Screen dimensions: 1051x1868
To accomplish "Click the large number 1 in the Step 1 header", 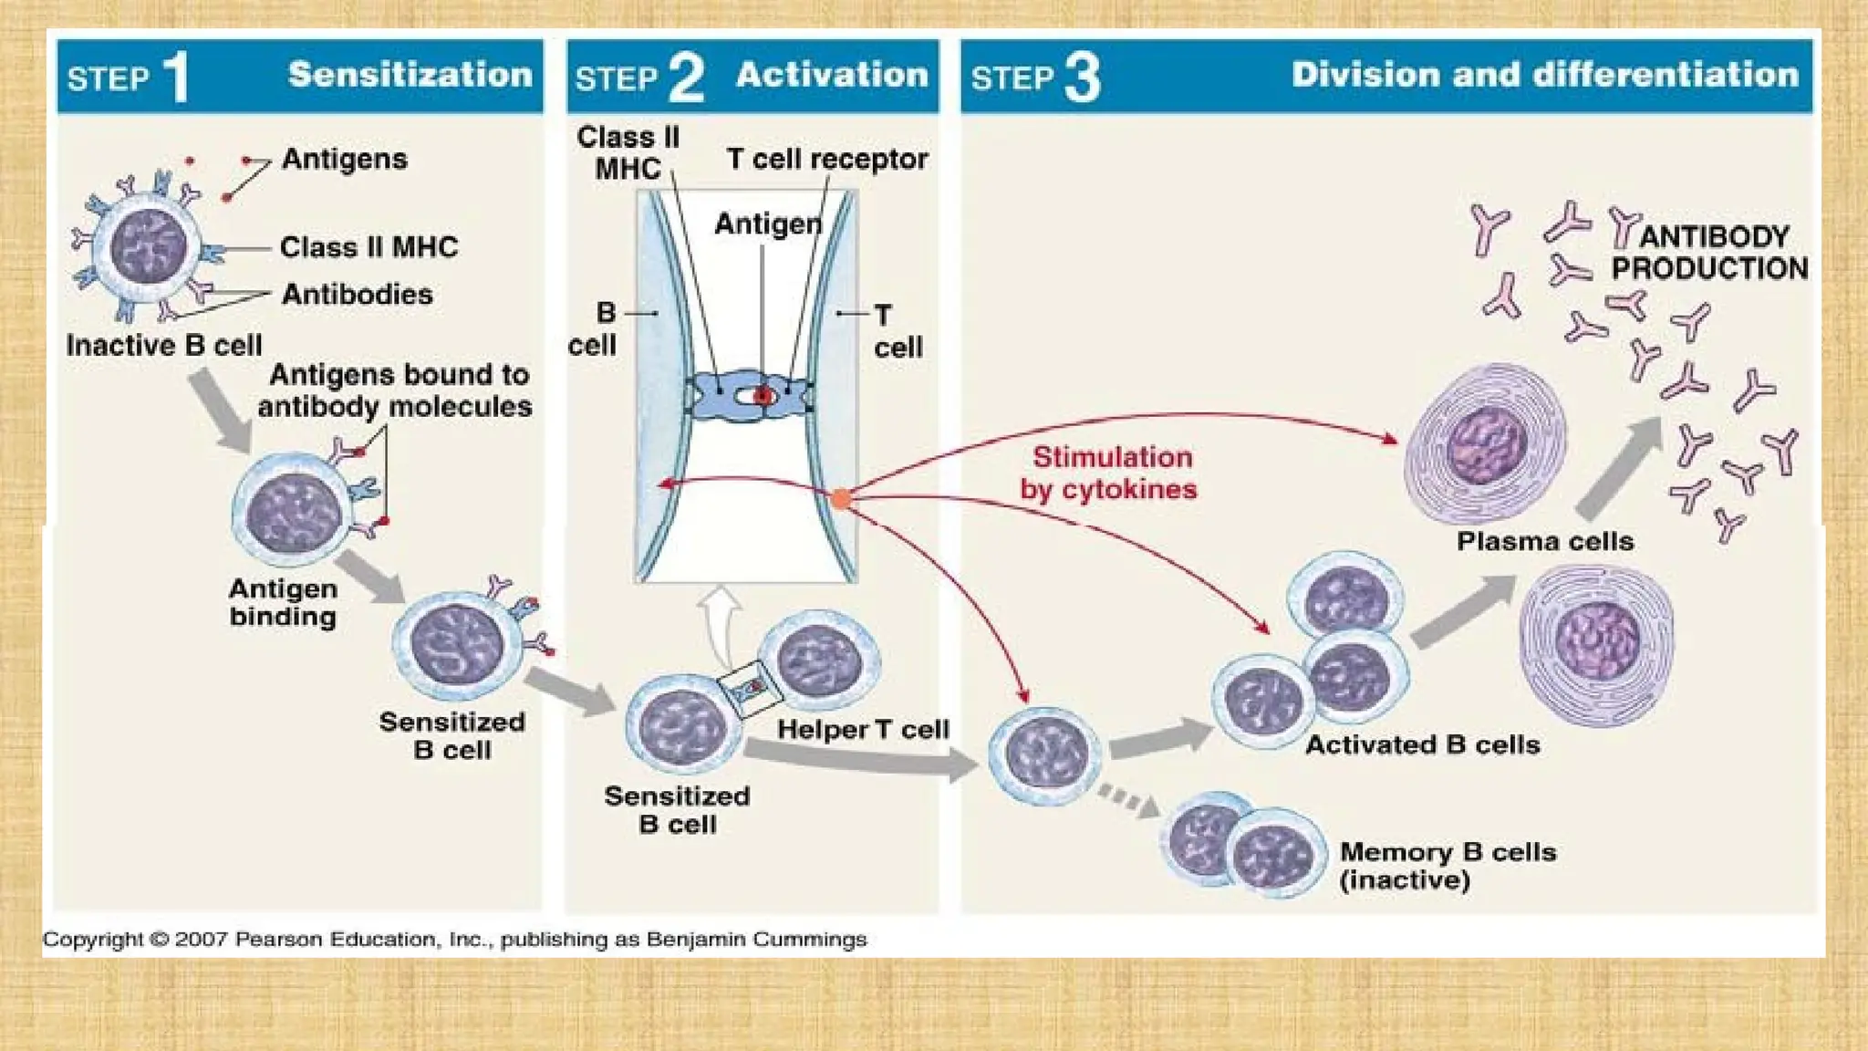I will [175, 77].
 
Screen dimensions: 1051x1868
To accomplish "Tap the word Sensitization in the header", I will [410, 75].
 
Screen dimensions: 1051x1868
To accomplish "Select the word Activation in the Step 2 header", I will [832, 75].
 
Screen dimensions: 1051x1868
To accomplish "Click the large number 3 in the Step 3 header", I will [1082, 78].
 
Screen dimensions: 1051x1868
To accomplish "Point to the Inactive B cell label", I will [164, 346].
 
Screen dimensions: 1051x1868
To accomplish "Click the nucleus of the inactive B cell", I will [148, 246].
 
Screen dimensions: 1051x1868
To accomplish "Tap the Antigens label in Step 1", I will [344, 159].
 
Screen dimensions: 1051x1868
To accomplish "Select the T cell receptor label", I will [826, 160].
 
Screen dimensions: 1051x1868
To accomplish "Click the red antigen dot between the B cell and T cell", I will [763, 397].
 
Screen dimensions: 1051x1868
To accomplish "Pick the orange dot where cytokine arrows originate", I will [841, 498].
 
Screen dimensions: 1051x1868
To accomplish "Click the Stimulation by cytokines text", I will [1109, 473].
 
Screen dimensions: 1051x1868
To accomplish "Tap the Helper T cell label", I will [863, 730].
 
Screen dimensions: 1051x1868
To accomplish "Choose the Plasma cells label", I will [1544, 542].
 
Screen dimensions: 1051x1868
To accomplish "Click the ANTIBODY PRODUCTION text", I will [1709, 253].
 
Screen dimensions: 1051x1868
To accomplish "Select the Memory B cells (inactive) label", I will [1447, 866].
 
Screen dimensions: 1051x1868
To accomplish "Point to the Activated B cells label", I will [1422, 745].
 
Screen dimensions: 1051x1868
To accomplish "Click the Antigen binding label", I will [283, 602].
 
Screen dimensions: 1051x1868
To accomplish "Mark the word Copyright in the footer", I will [93, 939].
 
